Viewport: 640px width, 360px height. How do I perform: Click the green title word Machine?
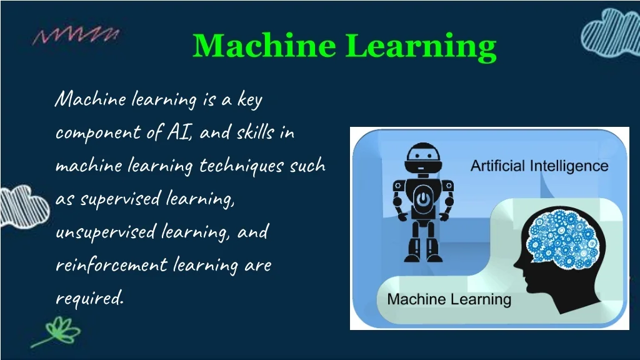(264, 45)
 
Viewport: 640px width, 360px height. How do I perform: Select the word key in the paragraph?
(249, 99)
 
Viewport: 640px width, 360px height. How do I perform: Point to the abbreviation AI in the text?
(180, 132)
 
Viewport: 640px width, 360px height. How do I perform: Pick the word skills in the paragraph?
(255, 132)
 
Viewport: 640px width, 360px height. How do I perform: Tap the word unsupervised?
(105, 232)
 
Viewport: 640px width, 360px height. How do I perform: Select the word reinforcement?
(111, 264)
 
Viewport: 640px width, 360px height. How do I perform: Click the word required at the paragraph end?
(89, 298)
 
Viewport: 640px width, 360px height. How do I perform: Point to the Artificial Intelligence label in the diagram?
(539, 166)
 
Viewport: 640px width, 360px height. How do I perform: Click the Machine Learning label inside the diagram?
(449, 299)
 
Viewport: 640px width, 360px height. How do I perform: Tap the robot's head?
(423, 159)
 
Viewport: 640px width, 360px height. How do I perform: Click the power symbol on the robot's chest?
(423, 199)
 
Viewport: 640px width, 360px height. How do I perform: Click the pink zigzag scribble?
(76, 35)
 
